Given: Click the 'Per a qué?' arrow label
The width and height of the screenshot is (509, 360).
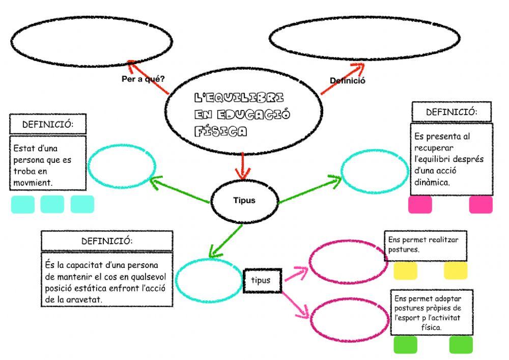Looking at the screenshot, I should [143, 79].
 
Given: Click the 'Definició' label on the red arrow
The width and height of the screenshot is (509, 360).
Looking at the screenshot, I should [348, 80].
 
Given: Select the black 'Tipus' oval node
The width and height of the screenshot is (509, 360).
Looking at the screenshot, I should [244, 201].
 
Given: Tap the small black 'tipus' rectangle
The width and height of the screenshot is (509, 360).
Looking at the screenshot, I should [262, 281].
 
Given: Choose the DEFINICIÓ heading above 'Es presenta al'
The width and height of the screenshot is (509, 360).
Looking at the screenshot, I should [451, 112].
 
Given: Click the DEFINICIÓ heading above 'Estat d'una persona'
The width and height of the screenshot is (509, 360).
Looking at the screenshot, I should [47, 124].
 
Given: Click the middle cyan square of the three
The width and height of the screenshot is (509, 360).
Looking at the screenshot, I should [52, 204].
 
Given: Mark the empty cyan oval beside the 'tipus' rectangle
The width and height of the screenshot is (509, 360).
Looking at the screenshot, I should [209, 281].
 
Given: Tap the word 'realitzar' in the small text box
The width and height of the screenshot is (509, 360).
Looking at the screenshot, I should [443, 239].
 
